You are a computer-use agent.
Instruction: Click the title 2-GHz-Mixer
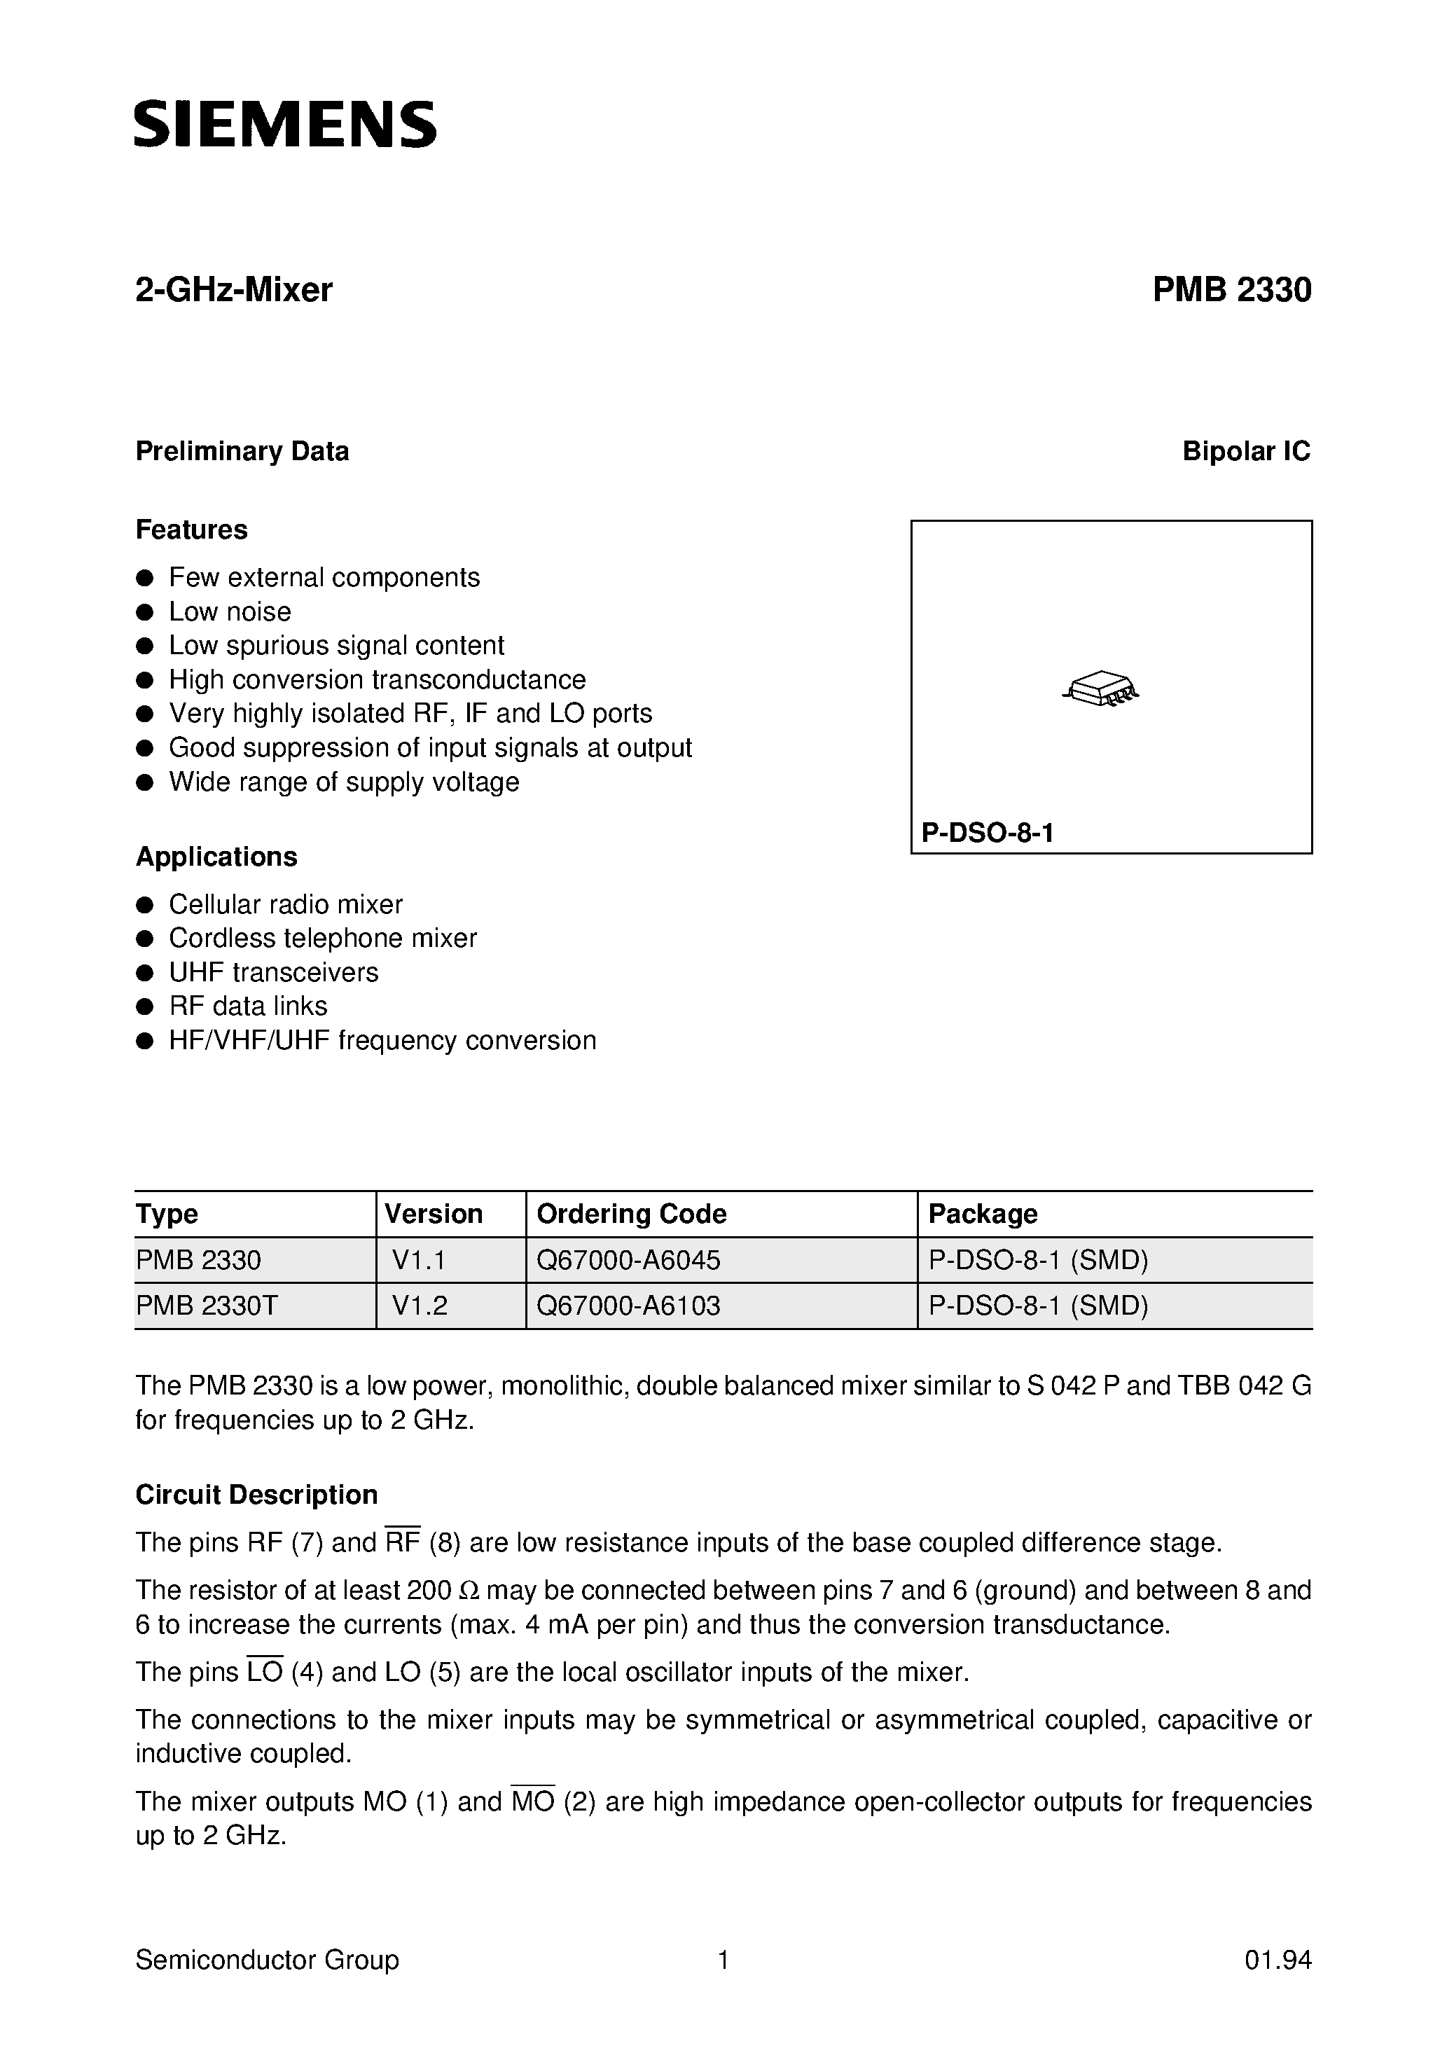tap(234, 290)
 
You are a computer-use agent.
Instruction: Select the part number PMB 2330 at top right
tap(1231, 290)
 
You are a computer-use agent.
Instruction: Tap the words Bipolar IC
tap(1245, 451)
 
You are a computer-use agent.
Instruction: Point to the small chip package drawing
tap(1102, 689)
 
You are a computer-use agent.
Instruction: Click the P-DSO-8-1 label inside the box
tap(988, 833)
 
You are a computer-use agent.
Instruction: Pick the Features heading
tap(191, 530)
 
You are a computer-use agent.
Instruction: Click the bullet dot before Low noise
tap(144, 612)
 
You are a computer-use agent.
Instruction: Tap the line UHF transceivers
tap(273, 972)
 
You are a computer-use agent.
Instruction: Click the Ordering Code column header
tap(631, 1214)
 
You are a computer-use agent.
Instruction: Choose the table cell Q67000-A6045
tap(628, 1260)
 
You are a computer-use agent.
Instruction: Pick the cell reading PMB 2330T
tap(207, 1306)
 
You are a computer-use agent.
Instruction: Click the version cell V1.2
tap(420, 1306)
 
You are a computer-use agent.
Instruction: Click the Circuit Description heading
tap(256, 1495)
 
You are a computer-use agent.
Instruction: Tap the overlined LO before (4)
tap(264, 1672)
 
